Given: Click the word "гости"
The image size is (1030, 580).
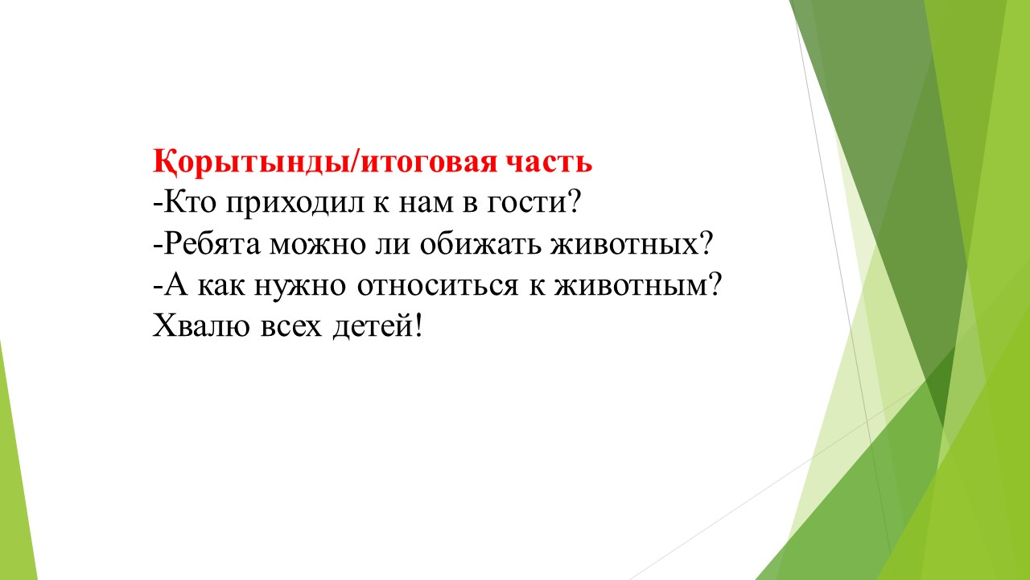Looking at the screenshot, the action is [526, 203].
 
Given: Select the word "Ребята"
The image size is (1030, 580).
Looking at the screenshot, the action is [212, 243].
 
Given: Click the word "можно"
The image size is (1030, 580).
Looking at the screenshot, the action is [317, 244].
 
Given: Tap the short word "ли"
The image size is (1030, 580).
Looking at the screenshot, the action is [392, 244].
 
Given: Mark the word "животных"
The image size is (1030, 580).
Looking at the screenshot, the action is [624, 244].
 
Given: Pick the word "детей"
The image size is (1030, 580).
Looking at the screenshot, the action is [373, 326].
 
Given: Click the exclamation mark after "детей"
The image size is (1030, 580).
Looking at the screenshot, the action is [418, 325].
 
